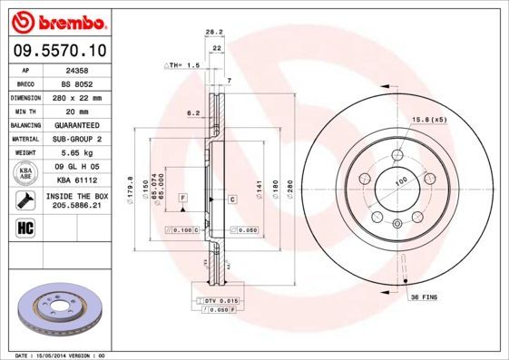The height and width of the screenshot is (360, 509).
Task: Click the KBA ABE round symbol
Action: click(x=24, y=174)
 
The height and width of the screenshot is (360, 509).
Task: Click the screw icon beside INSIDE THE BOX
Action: click(x=24, y=200)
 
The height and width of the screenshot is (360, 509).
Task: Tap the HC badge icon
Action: click(x=24, y=227)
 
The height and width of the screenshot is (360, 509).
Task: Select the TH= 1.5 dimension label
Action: click(x=181, y=66)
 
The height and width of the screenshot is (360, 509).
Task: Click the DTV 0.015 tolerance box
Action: click(x=220, y=300)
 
